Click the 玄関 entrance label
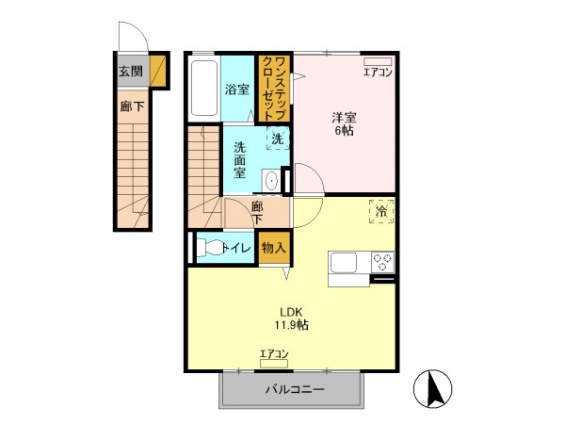point(131,72)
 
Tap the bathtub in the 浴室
point(204,89)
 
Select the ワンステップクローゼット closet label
point(275,89)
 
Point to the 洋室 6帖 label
point(344,123)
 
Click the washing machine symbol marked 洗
point(278,139)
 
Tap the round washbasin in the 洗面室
point(270,180)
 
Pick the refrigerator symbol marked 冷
point(381,211)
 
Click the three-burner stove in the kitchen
point(382,262)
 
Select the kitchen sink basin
point(344,263)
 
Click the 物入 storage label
point(274,248)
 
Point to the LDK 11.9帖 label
point(292,318)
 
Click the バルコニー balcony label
point(295,389)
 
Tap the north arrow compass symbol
point(432,389)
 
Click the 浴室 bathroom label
point(237,90)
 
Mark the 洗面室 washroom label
point(239,160)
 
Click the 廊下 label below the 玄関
point(132,106)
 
